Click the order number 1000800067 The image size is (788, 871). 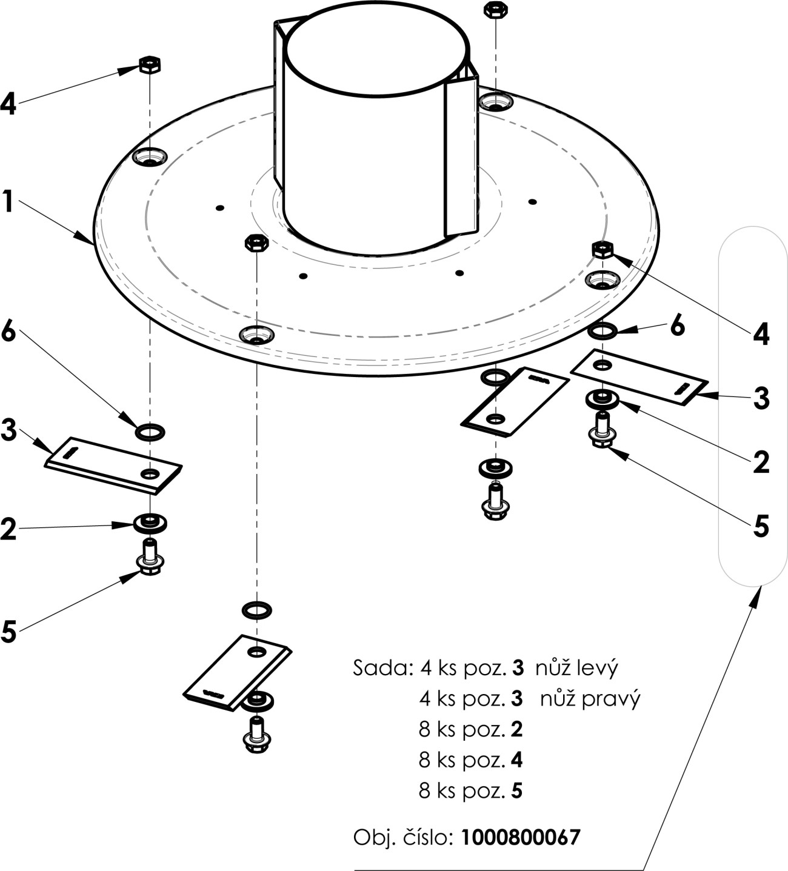point(520,838)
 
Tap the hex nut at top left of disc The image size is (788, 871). point(149,64)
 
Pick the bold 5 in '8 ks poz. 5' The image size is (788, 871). point(516,791)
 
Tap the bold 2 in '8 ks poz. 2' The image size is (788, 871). point(516,729)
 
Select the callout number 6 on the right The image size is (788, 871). point(677,326)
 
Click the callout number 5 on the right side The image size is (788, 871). point(761,526)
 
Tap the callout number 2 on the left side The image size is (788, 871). point(8,529)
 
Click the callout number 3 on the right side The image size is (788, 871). point(761,398)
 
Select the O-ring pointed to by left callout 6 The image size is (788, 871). point(150,432)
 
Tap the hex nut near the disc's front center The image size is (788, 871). point(256,244)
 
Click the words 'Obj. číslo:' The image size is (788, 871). point(403,838)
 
